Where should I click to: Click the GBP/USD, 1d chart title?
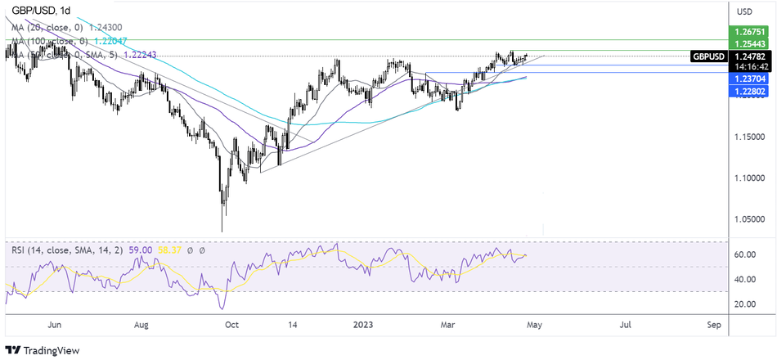click(x=38, y=10)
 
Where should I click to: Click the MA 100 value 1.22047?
click(x=109, y=42)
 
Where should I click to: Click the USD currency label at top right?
click(x=744, y=11)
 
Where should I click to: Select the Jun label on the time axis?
click(x=54, y=325)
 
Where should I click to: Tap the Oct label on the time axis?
click(x=231, y=325)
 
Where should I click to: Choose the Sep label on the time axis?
click(x=712, y=325)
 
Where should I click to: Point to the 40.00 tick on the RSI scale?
click(x=743, y=279)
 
